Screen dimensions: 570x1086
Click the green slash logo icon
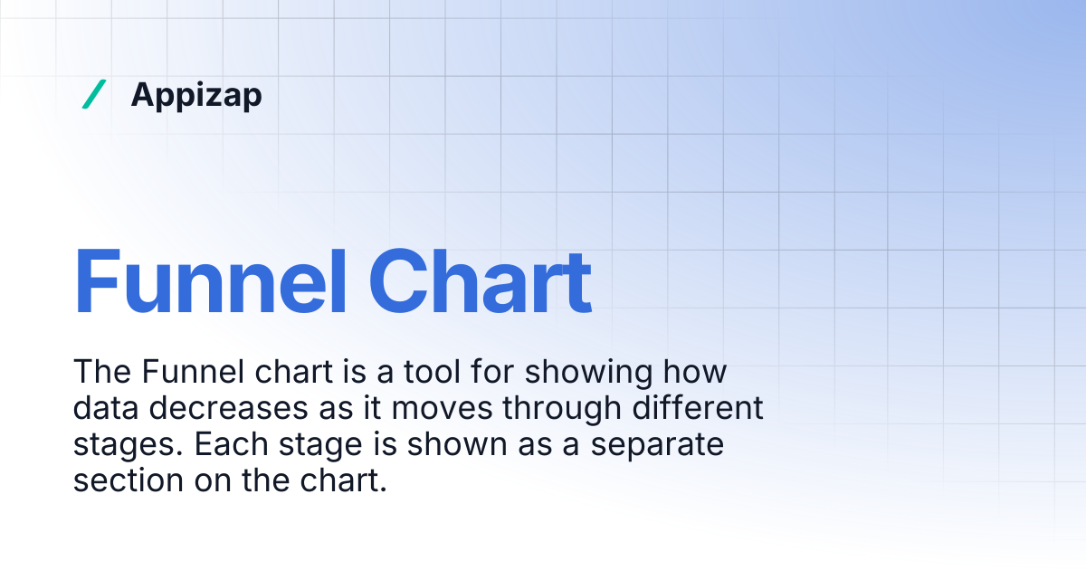(93, 94)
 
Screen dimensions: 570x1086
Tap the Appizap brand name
(196, 94)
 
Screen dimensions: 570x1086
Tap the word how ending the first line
(697, 372)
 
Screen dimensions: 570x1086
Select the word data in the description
(106, 409)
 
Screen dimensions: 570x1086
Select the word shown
(433, 446)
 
